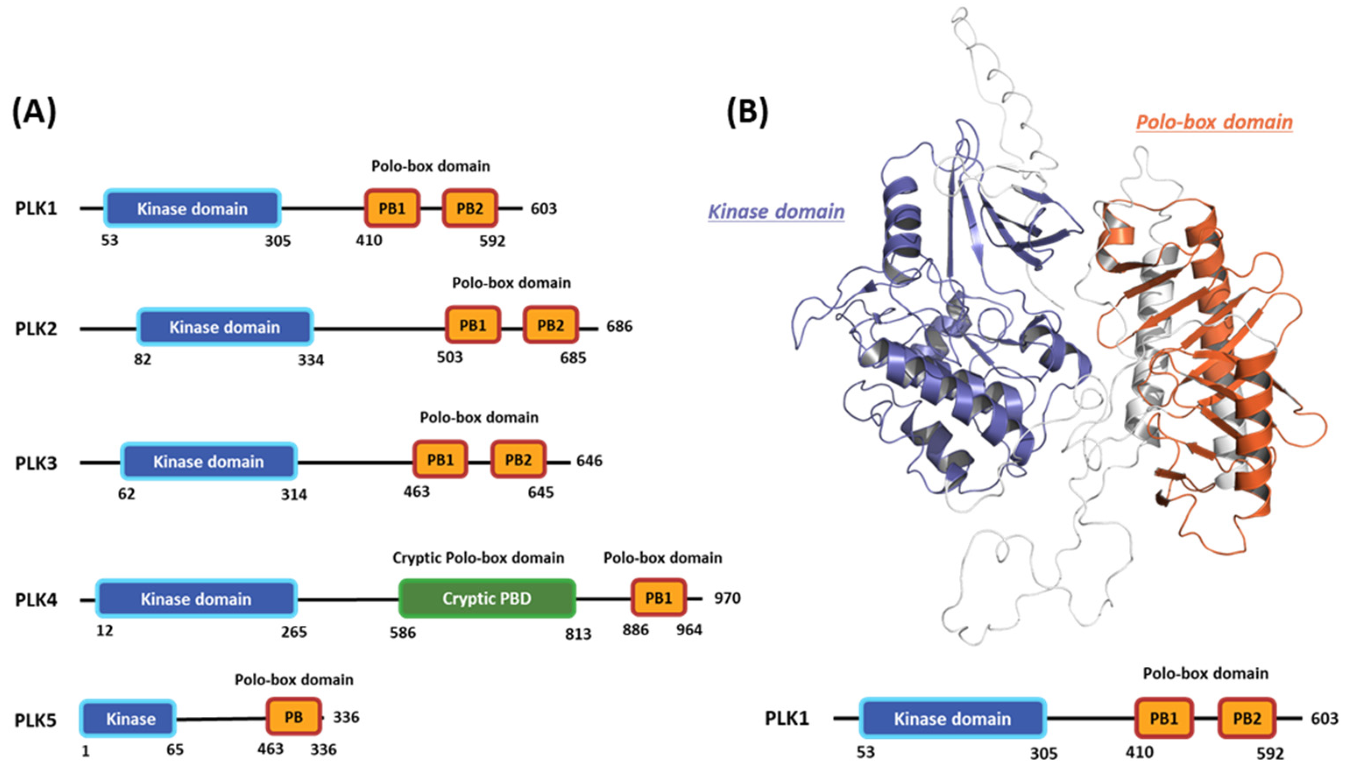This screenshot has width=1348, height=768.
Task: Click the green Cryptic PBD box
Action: point(486,598)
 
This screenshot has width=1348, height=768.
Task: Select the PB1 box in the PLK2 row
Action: point(473,325)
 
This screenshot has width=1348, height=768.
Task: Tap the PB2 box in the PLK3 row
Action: point(518,459)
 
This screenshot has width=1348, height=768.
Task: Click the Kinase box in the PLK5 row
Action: point(127,719)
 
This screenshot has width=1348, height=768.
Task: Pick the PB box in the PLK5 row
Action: point(294,717)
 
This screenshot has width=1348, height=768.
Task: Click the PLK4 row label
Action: point(36,600)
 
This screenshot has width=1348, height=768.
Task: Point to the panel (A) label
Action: point(34,113)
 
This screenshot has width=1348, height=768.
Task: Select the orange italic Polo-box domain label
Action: point(1214,122)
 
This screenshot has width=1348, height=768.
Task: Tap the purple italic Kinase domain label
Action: point(775,211)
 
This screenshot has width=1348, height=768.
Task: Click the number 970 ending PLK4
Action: point(727,598)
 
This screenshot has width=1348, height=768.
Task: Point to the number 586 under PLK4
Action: point(403,632)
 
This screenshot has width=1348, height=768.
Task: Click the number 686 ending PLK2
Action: point(619,327)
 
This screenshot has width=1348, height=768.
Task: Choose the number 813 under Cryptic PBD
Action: point(578,634)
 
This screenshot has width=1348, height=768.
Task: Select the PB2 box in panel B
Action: point(1247,719)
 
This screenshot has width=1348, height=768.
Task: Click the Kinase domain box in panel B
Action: point(952,719)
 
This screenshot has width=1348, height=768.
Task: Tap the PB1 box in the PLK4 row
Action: point(658,598)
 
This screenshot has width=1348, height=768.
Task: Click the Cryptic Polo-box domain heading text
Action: point(478,557)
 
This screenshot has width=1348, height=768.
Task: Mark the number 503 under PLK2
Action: point(449,357)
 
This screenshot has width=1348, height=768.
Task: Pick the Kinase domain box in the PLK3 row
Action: point(209,462)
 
